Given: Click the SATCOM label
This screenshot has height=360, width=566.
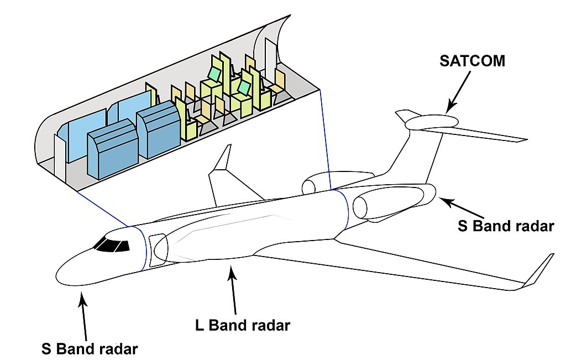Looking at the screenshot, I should (472, 61).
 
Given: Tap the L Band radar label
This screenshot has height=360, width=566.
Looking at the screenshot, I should (243, 325).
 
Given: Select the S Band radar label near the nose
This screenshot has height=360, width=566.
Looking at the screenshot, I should (90, 349).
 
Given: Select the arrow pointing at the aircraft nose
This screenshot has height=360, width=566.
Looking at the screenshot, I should (84, 318).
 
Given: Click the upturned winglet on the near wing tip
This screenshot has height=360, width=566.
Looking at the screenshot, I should (539, 271).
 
